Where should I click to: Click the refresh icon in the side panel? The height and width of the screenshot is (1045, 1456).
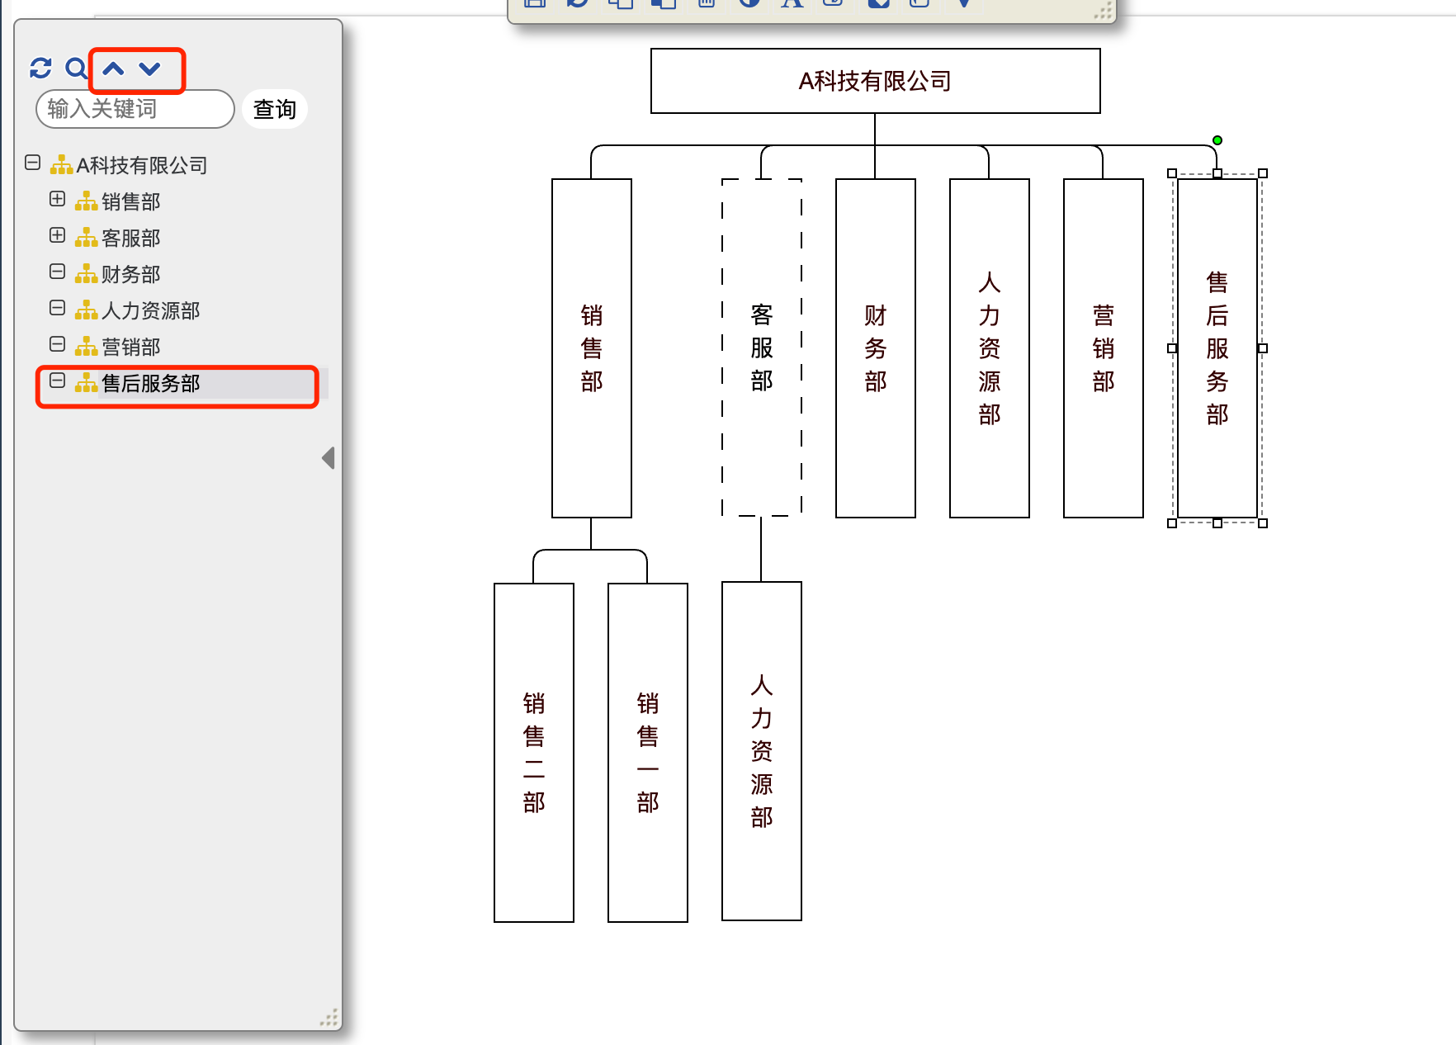(x=40, y=68)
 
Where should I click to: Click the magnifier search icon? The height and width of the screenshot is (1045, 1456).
(x=76, y=68)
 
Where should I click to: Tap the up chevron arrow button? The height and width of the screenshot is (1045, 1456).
(x=114, y=69)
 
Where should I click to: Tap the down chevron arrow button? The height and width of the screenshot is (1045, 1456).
(x=149, y=69)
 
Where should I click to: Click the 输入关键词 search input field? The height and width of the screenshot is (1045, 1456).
(x=135, y=109)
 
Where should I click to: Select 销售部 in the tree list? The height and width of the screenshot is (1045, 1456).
(x=130, y=201)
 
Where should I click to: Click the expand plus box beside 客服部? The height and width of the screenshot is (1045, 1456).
(x=57, y=236)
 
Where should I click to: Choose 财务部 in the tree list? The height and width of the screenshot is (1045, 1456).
(x=130, y=274)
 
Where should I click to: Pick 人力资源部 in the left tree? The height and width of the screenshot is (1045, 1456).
(x=150, y=310)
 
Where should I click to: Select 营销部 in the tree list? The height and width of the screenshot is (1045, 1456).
(x=130, y=347)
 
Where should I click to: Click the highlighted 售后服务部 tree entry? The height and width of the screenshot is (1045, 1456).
(x=150, y=384)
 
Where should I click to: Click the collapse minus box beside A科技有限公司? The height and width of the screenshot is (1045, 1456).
(x=33, y=163)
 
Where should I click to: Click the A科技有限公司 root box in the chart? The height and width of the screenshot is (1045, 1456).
(x=875, y=81)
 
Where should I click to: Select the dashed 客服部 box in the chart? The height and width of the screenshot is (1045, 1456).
(x=761, y=348)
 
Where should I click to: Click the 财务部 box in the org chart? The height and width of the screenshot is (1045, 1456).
(x=875, y=348)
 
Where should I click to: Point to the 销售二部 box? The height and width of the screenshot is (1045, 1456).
(x=533, y=752)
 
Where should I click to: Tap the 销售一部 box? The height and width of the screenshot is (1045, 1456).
(x=647, y=752)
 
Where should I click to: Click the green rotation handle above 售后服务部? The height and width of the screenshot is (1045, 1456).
(x=1217, y=140)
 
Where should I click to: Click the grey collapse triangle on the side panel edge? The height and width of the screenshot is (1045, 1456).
(x=329, y=458)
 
